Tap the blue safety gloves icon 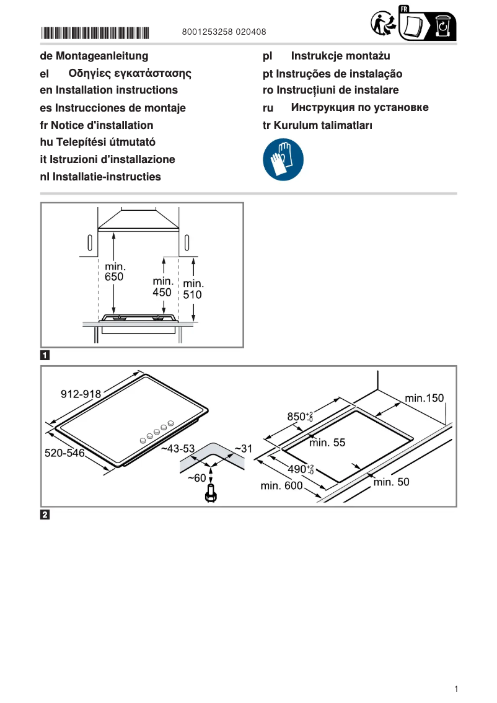pos(283,160)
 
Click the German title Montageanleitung pos(102,56)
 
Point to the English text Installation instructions pos(117,91)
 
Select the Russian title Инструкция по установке pos(359,108)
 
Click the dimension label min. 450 pos(162,287)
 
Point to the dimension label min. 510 pos(193,290)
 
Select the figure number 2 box pos(45,515)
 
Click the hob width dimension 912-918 pos(81,394)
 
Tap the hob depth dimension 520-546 pos(64,453)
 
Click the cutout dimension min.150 pos(424,398)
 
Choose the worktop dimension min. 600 pos(281,485)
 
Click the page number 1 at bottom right pos(455,689)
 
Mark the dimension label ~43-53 pos(178,448)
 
